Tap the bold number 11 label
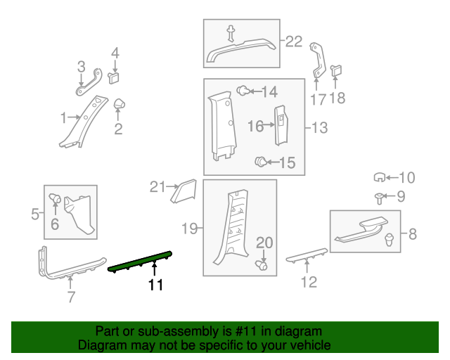click(x=155, y=285)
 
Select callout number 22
click(x=293, y=41)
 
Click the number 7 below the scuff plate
click(x=71, y=297)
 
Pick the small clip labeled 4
click(x=115, y=73)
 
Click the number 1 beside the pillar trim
click(x=63, y=117)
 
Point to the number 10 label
click(x=408, y=177)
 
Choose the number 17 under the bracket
click(x=318, y=100)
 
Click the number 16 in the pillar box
click(x=255, y=126)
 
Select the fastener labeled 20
click(x=263, y=266)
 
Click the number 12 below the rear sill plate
click(x=309, y=282)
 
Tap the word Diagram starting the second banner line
click(x=101, y=345)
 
